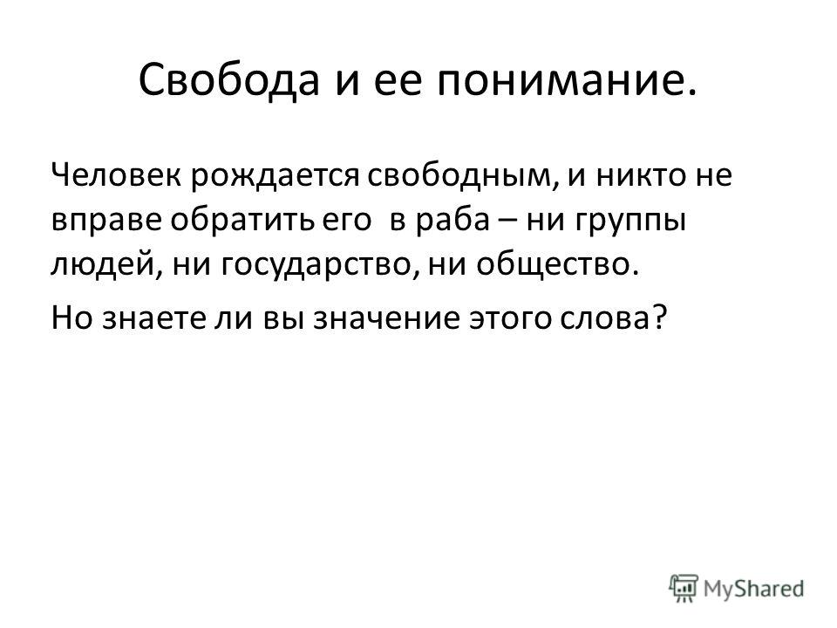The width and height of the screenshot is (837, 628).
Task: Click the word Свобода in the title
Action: [229, 80]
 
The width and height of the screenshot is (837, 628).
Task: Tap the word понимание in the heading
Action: [567, 81]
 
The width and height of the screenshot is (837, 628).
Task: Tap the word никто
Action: [638, 175]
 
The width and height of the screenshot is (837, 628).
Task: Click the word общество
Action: [557, 264]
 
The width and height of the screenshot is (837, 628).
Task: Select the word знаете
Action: [153, 318]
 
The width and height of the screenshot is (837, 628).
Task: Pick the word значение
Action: [386, 318]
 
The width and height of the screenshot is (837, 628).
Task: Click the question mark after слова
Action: [660, 316]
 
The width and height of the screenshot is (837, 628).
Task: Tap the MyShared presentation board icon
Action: [684, 589]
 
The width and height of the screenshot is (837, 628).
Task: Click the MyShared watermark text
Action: [753, 590]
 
